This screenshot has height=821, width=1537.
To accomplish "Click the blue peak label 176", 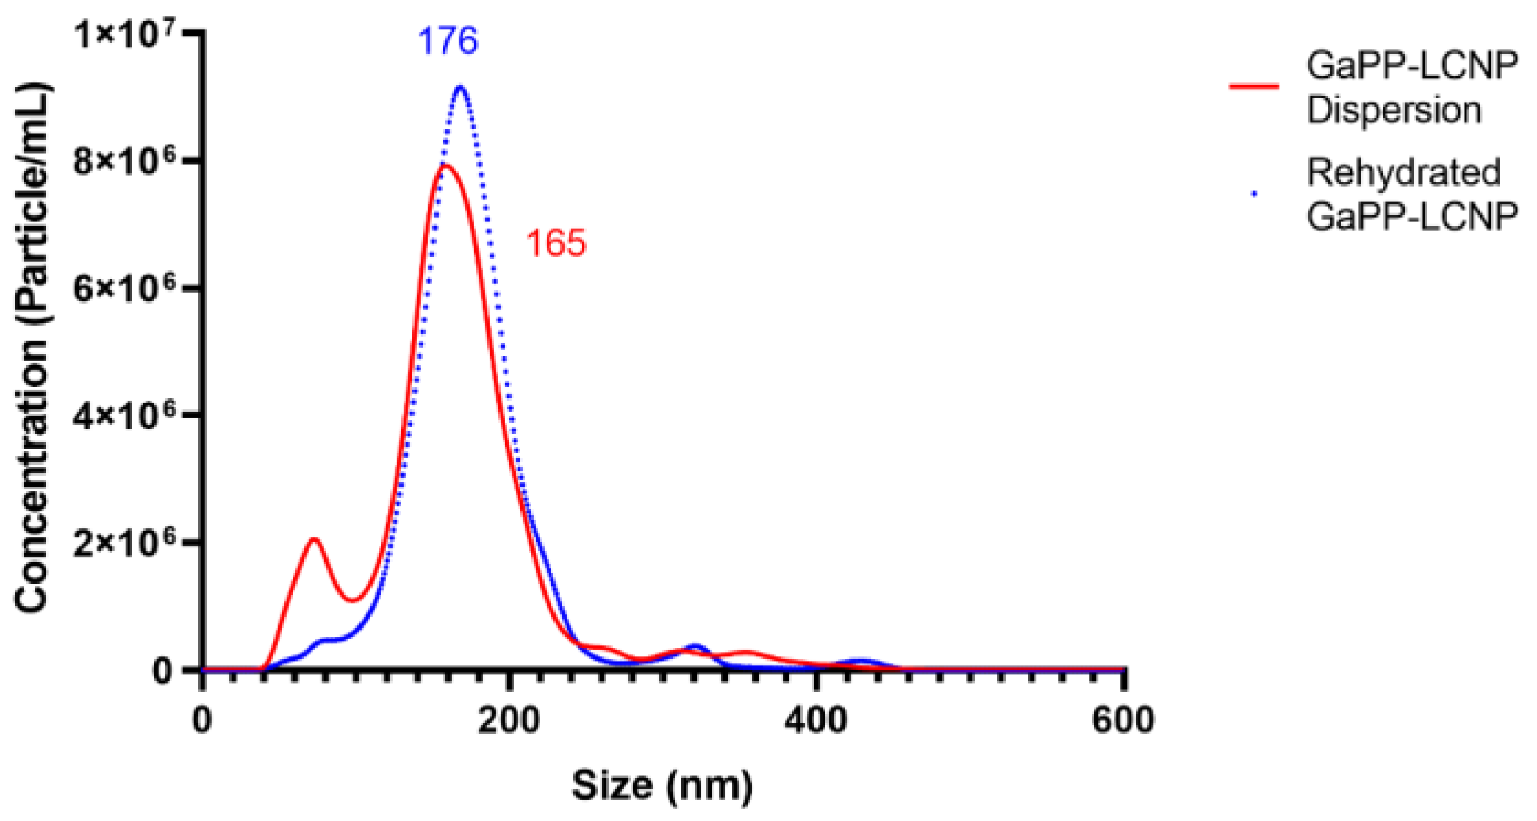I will [448, 40].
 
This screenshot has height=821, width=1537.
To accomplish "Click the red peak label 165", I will [556, 243].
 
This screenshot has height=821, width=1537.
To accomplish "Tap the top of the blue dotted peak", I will [461, 87].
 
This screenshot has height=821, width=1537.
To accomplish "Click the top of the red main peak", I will [445, 165].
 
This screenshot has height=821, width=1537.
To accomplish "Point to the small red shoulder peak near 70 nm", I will [315, 539].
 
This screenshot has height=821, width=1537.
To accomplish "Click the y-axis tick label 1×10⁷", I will [125, 35].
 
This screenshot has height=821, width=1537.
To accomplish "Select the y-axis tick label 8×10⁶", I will [125, 161].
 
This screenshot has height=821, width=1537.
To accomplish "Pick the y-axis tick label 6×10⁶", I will [125, 288].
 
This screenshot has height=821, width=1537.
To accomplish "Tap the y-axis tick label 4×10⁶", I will [125, 415].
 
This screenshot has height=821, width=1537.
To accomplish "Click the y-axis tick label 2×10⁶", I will [125, 542].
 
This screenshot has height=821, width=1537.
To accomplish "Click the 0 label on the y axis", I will [162, 670].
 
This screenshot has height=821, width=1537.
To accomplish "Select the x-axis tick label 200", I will [509, 720].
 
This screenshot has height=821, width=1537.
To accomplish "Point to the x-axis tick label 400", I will [815, 720].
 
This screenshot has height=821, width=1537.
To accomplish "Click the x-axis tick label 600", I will [1122, 720].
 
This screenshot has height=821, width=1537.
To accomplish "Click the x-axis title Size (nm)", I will [662, 786].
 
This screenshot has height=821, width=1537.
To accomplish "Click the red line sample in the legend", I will [1254, 87].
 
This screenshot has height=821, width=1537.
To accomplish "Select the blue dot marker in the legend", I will [1254, 194].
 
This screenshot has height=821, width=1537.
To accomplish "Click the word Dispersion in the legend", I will [1394, 110].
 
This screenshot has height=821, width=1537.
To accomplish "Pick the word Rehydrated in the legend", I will [1403, 173].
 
